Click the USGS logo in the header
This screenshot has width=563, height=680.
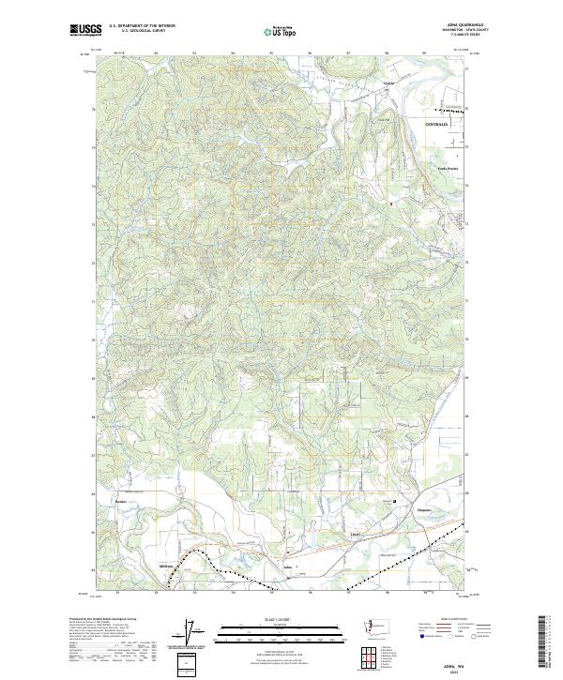click(82, 31)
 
